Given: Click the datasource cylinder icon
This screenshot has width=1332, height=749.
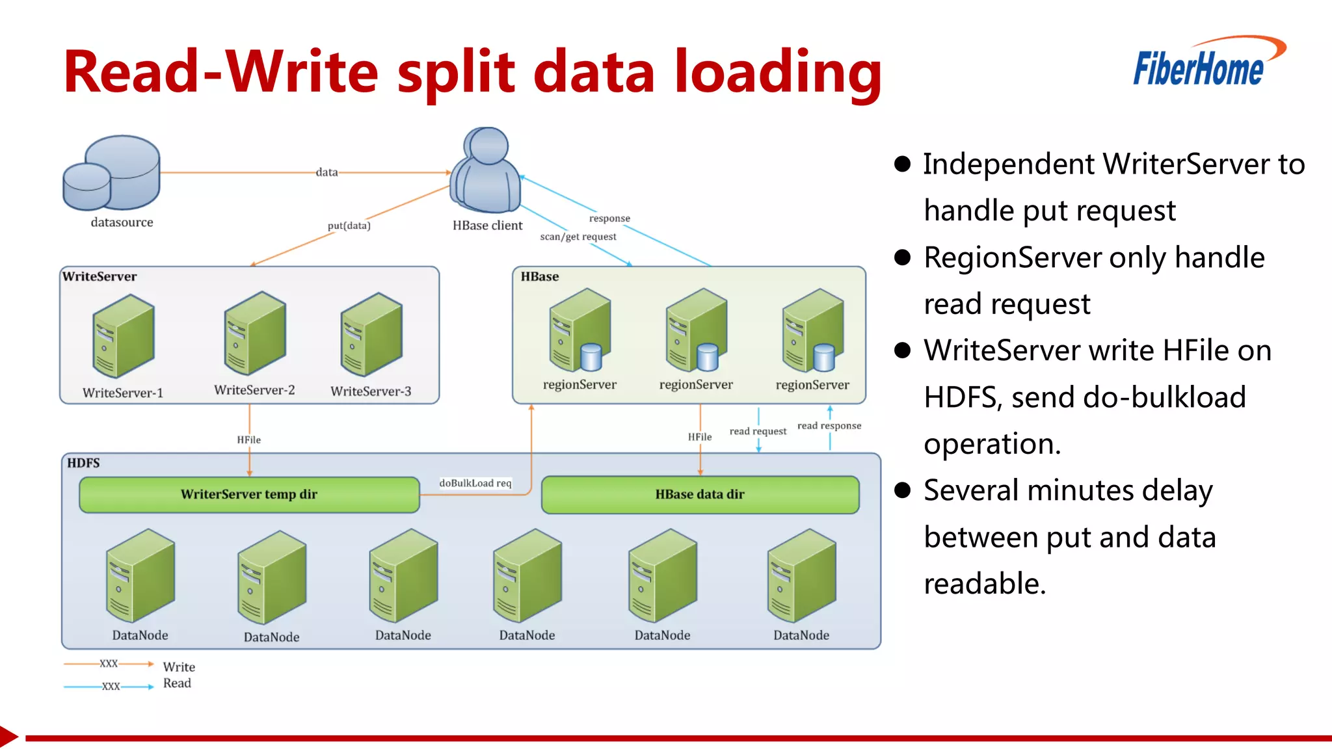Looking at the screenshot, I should point(112,172).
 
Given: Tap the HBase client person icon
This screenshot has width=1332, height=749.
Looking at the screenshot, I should point(487,170).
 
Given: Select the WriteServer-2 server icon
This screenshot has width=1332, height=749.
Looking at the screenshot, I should point(254,334).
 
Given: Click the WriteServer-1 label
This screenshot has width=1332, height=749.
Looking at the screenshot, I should point(122,393).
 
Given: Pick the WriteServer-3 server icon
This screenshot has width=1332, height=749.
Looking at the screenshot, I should point(371,334).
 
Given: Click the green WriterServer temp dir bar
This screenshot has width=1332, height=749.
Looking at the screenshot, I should point(249,495).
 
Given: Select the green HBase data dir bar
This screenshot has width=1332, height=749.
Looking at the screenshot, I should point(700,495).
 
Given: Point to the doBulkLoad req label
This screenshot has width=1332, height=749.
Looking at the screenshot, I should point(475,483).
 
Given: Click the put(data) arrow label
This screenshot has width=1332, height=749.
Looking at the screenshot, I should point(349,226).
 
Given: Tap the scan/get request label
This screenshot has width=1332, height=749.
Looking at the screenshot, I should point(578,237).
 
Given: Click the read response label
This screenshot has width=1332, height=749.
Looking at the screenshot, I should point(829,426).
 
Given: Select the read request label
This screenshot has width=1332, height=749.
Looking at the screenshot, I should point(758,431).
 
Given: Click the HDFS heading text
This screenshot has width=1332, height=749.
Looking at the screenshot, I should point(83,463).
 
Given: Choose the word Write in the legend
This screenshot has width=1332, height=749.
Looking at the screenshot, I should point(179,667).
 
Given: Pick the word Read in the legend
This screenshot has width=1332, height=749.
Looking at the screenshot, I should point(177,683).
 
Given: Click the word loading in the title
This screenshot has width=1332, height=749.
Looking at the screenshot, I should point(777,73).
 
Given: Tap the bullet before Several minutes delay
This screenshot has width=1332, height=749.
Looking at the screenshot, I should point(902,490).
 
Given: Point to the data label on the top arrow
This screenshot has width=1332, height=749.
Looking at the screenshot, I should point(326,172).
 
